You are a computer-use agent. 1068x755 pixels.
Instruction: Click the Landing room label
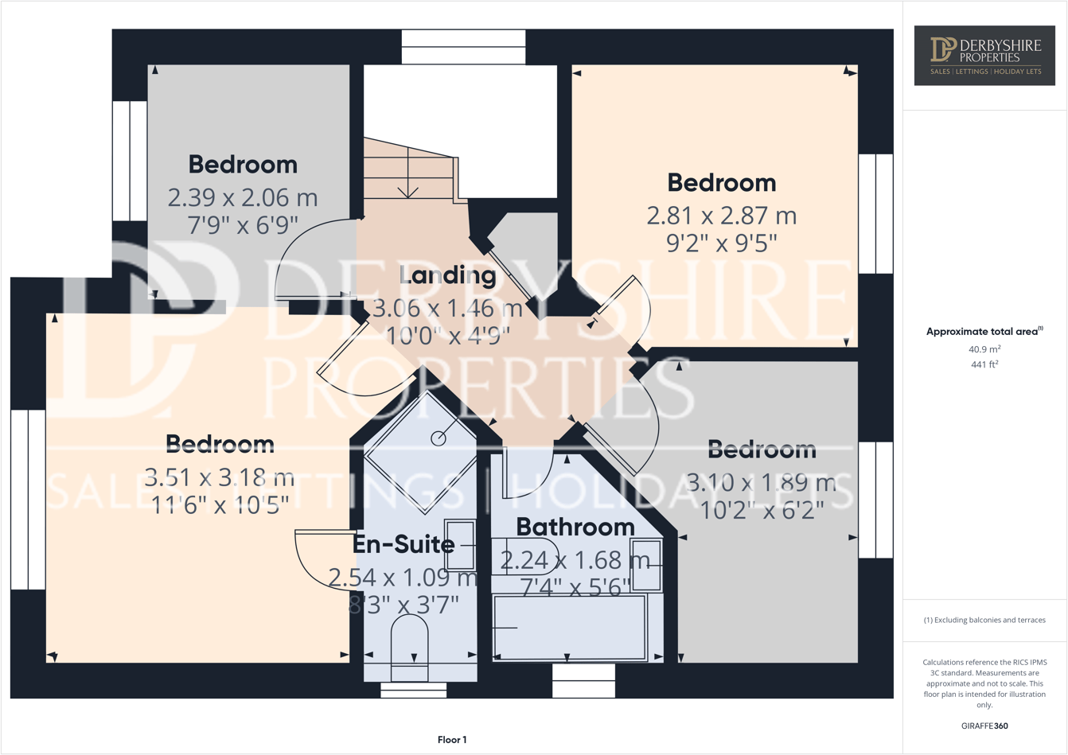click(x=447, y=276)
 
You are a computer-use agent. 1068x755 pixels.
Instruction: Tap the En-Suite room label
click(x=403, y=545)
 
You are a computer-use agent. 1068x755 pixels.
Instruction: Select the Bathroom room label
click(x=575, y=527)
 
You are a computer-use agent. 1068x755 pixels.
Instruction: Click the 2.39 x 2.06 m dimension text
click(x=243, y=197)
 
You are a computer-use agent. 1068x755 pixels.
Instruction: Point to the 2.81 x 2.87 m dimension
click(x=722, y=216)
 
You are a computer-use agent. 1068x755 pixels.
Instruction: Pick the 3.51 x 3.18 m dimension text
click(x=220, y=478)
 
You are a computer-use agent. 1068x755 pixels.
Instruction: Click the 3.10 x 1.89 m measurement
click(x=762, y=483)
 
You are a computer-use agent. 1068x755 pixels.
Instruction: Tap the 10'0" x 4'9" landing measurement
click(x=447, y=336)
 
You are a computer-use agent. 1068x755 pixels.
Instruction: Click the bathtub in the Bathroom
click(x=570, y=627)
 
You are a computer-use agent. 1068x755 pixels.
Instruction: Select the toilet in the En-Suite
click(x=410, y=646)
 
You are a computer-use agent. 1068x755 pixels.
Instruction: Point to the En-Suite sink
click(x=460, y=545)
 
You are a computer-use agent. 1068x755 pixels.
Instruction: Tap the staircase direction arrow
click(x=408, y=179)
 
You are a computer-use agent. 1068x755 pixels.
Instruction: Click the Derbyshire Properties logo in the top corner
click(x=984, y=55)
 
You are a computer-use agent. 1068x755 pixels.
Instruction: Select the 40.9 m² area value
click(x=984, y=349)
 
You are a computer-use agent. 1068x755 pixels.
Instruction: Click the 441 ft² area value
click(x=984, y=364)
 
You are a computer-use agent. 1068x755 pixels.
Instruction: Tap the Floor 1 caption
click(x=452, y=740)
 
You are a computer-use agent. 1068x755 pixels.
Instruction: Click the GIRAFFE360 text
click(x=984, y=726)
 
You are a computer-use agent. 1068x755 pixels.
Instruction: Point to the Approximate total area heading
click(x=984, y=332)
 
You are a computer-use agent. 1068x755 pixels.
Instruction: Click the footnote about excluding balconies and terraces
click(x=984, y=620)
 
